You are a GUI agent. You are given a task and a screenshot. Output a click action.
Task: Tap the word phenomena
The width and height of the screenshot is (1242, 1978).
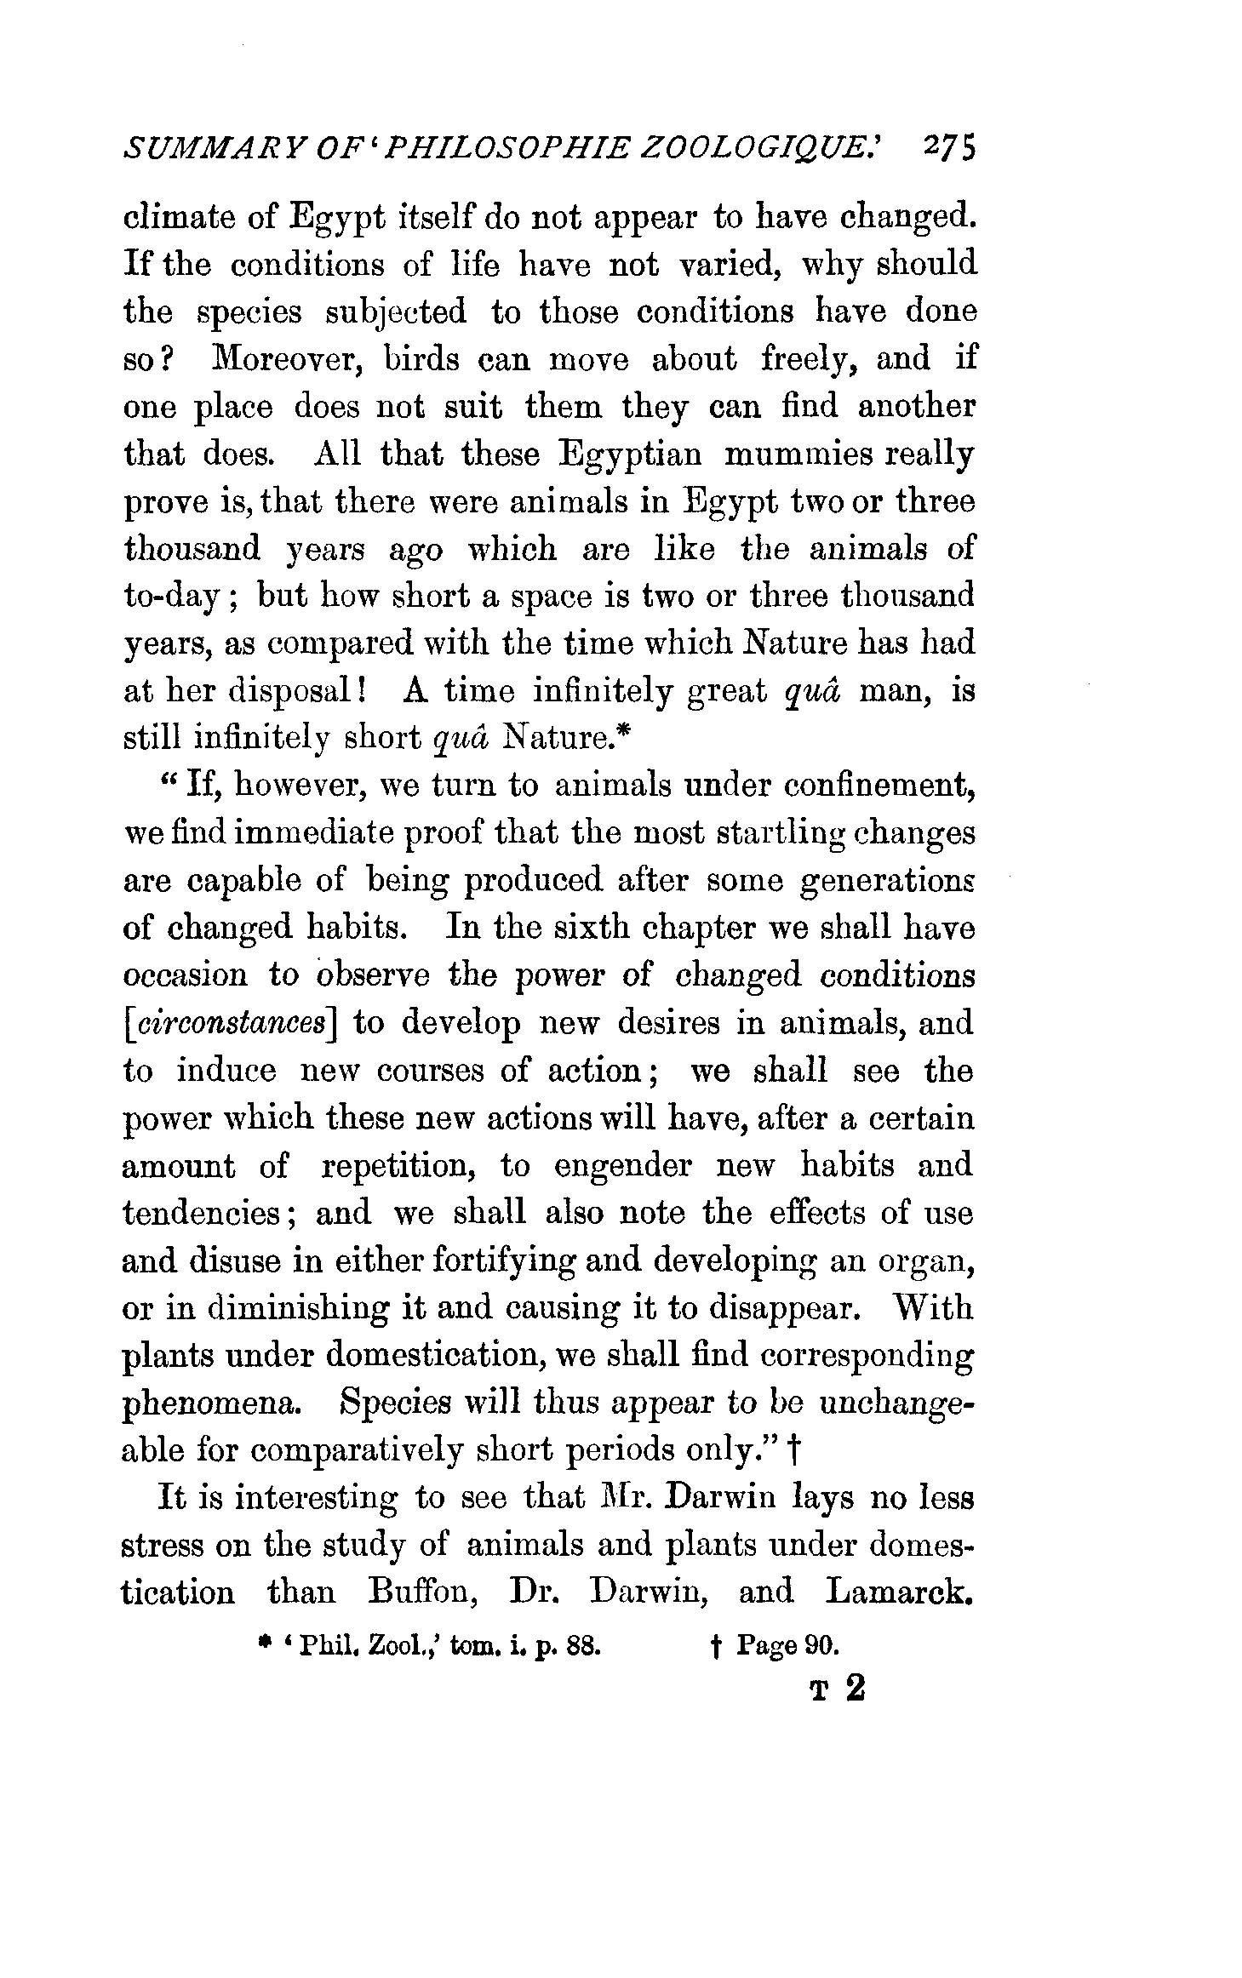tap(213, 1403)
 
